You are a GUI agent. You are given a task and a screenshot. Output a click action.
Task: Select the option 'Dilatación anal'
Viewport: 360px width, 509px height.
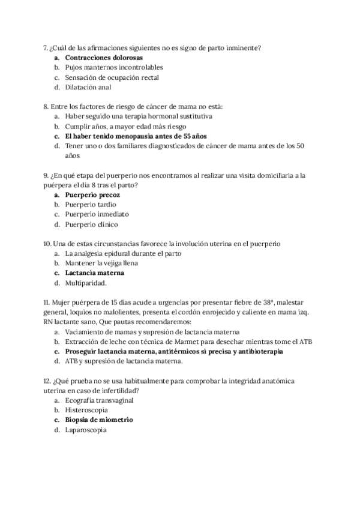pos(88,87)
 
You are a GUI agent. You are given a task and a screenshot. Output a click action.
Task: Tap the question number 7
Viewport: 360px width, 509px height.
pos(46,48)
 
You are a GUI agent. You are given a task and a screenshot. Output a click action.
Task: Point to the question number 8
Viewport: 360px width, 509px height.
pos(46,106)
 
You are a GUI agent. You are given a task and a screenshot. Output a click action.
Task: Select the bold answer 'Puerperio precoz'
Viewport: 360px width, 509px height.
pos(92,194)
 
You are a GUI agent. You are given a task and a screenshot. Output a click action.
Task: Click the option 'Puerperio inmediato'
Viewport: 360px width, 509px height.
pos(97,214)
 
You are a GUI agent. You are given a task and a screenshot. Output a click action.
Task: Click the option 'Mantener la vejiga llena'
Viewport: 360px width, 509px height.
pos(102,263)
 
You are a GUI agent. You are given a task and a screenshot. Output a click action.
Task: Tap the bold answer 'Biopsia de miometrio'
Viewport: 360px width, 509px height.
pos(99,420)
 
